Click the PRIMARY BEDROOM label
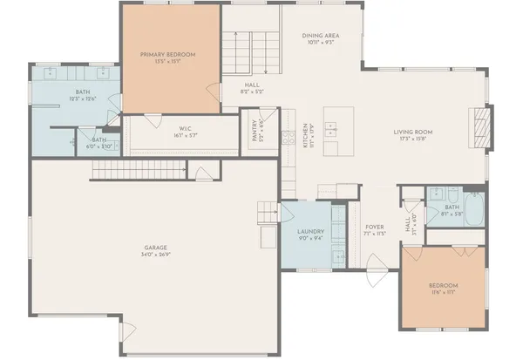168,55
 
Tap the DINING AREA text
321,36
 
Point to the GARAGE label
156,248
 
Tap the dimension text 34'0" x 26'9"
156,255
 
